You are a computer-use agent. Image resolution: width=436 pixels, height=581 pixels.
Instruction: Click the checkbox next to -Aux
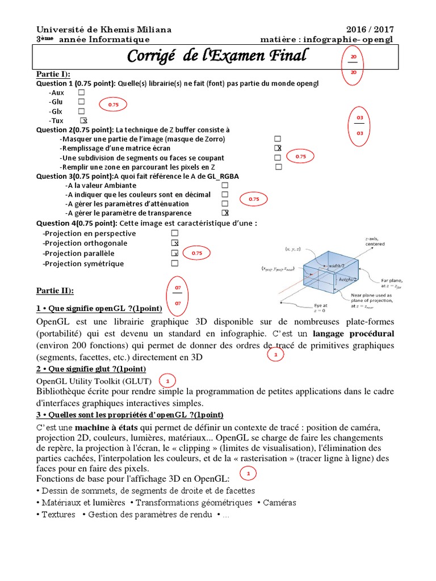tap(82, 92)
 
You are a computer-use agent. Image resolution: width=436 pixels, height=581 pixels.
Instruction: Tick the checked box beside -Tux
tap(83, 121)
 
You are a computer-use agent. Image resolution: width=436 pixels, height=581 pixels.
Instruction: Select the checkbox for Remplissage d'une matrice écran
tap(278, 148)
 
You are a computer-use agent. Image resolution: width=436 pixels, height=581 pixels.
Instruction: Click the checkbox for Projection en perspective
tap(175, 233)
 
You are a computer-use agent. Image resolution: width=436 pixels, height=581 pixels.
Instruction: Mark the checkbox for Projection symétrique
tap(175, 264)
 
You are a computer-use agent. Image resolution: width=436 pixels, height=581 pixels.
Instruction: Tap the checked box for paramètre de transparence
tap(225, 213)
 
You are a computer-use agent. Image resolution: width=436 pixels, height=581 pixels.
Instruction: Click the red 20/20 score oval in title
tap(354, 65)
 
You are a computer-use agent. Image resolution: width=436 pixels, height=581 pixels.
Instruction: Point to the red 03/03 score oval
tap(359, 125)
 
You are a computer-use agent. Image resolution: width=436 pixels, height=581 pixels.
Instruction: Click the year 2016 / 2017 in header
tap(370, 30)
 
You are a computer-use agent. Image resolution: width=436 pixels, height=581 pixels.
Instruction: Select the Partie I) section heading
tap(53, 74)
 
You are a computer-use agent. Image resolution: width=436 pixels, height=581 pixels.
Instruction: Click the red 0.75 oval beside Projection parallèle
tap(196, 253)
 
